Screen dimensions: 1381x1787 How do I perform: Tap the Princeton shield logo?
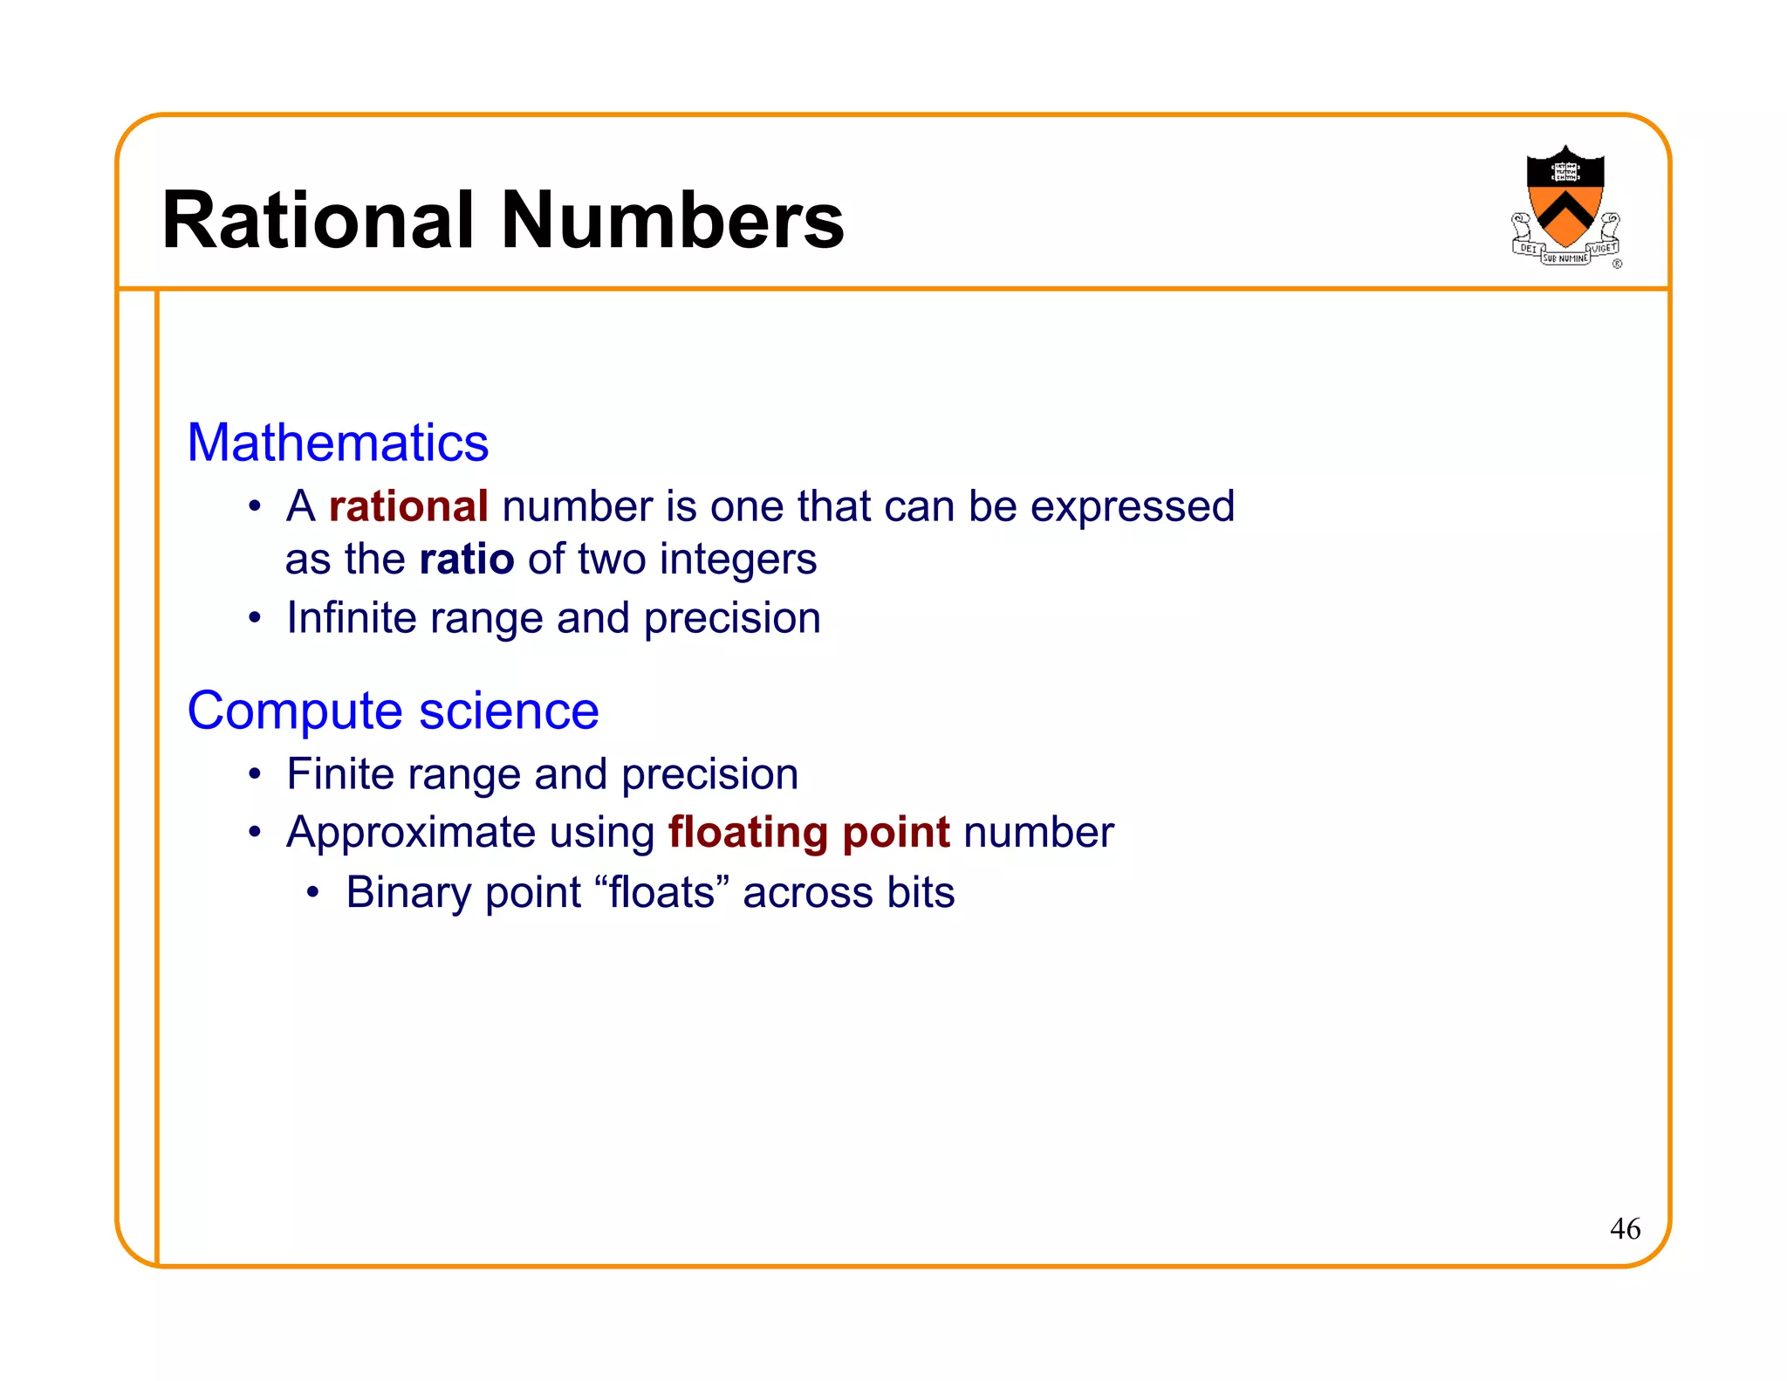pos(1565,206)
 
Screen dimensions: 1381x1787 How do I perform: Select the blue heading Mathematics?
pos(338,443)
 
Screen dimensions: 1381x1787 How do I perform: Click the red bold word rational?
pos(407,506)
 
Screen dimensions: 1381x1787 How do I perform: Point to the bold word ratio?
pos(466,559)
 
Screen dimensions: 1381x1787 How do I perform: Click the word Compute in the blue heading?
pos(295,711)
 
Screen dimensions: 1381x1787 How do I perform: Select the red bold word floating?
pos(747,833)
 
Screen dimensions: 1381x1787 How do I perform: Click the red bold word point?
pos(895,833)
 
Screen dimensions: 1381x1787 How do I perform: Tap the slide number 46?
pos(1625,1229)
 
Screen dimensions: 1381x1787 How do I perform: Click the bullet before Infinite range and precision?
pos(255,618)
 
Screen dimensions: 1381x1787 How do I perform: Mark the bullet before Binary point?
pos(313,893)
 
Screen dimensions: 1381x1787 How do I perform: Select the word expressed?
pos(1132,507)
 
